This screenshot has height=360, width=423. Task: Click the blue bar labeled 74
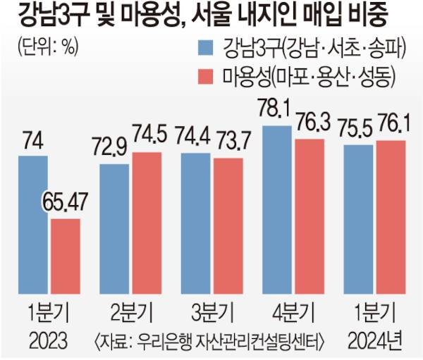34,225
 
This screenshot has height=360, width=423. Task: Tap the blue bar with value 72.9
114,230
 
